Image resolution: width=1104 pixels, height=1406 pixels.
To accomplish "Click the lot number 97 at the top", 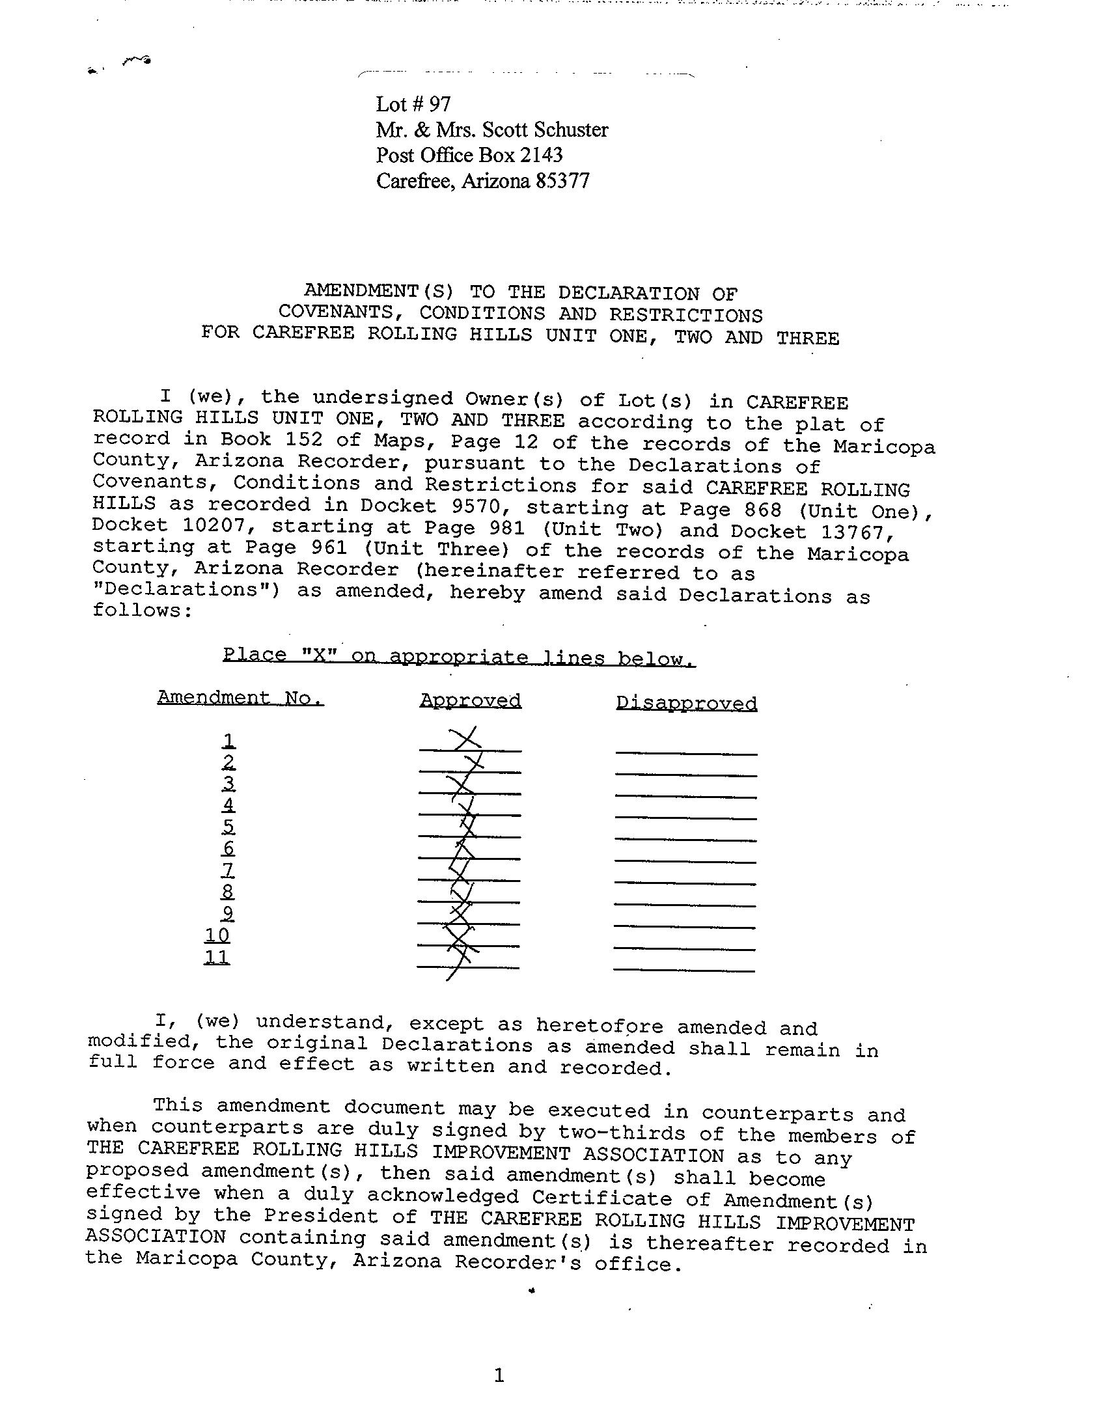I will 439,104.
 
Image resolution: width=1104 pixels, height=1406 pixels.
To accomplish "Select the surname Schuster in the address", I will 571,130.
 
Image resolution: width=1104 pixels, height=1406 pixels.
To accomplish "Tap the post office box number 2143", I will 540,156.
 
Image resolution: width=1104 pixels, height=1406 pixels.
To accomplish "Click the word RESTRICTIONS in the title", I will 685,315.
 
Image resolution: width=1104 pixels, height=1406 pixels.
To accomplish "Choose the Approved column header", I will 471,701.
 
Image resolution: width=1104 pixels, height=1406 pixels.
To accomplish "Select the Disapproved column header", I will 686,704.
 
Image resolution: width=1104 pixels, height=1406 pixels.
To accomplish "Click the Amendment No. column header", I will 240,698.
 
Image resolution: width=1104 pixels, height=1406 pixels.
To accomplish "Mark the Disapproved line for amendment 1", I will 686,753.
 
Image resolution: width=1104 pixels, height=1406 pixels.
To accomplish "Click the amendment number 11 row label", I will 217,957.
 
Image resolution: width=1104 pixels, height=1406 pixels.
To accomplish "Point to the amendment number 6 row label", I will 228,848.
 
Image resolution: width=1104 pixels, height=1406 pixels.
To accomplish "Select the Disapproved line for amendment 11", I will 684,971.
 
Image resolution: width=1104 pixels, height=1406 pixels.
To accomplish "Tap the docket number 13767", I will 852,532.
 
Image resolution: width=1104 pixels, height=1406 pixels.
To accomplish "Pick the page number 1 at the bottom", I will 499,1375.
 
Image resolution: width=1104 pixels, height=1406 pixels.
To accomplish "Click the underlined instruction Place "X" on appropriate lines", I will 459,656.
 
